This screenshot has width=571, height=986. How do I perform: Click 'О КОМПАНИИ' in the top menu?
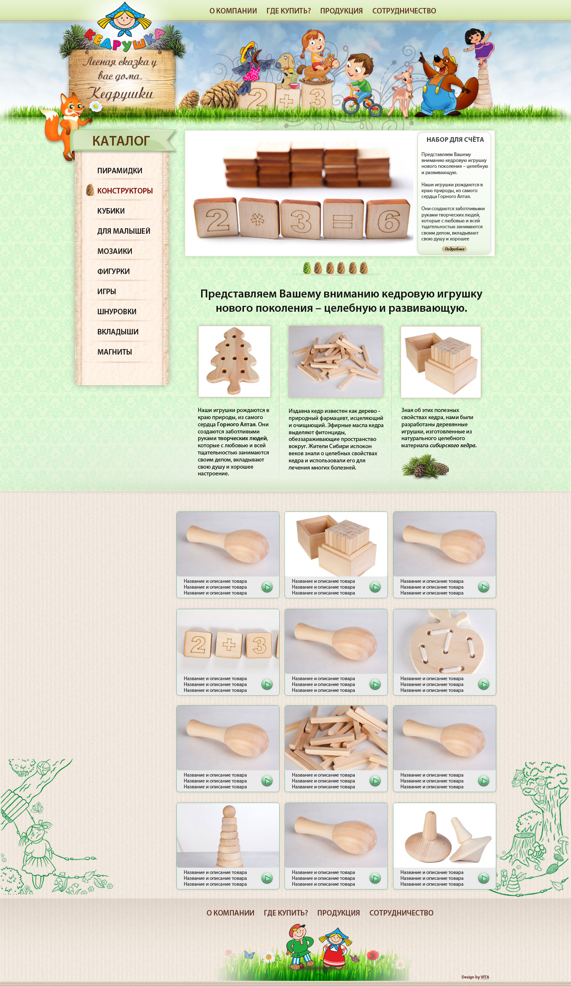point(233,11)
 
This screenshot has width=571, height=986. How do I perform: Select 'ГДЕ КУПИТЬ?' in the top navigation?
point(288,11)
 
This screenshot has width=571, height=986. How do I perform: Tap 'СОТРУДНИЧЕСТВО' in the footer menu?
point(401,913)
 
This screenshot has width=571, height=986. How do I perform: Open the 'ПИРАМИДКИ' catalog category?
point(120,171)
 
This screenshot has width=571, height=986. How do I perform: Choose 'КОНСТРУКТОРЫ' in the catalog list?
point(125,191)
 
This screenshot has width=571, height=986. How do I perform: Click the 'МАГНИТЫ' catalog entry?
point(115,352)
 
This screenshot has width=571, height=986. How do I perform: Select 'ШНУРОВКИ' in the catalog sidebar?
point(117,312)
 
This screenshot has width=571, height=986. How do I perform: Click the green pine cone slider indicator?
point(307,268)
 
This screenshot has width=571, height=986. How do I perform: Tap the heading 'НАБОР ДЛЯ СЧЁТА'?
point(455,140)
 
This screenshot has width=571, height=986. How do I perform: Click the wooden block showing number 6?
point(388,219)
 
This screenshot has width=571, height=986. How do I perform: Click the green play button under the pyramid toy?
point(267,878)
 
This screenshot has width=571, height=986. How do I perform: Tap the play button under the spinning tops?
point(484,878)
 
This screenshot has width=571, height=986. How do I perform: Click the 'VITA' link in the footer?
point(485,977)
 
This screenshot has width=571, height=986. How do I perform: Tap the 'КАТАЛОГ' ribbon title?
point(121,141)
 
